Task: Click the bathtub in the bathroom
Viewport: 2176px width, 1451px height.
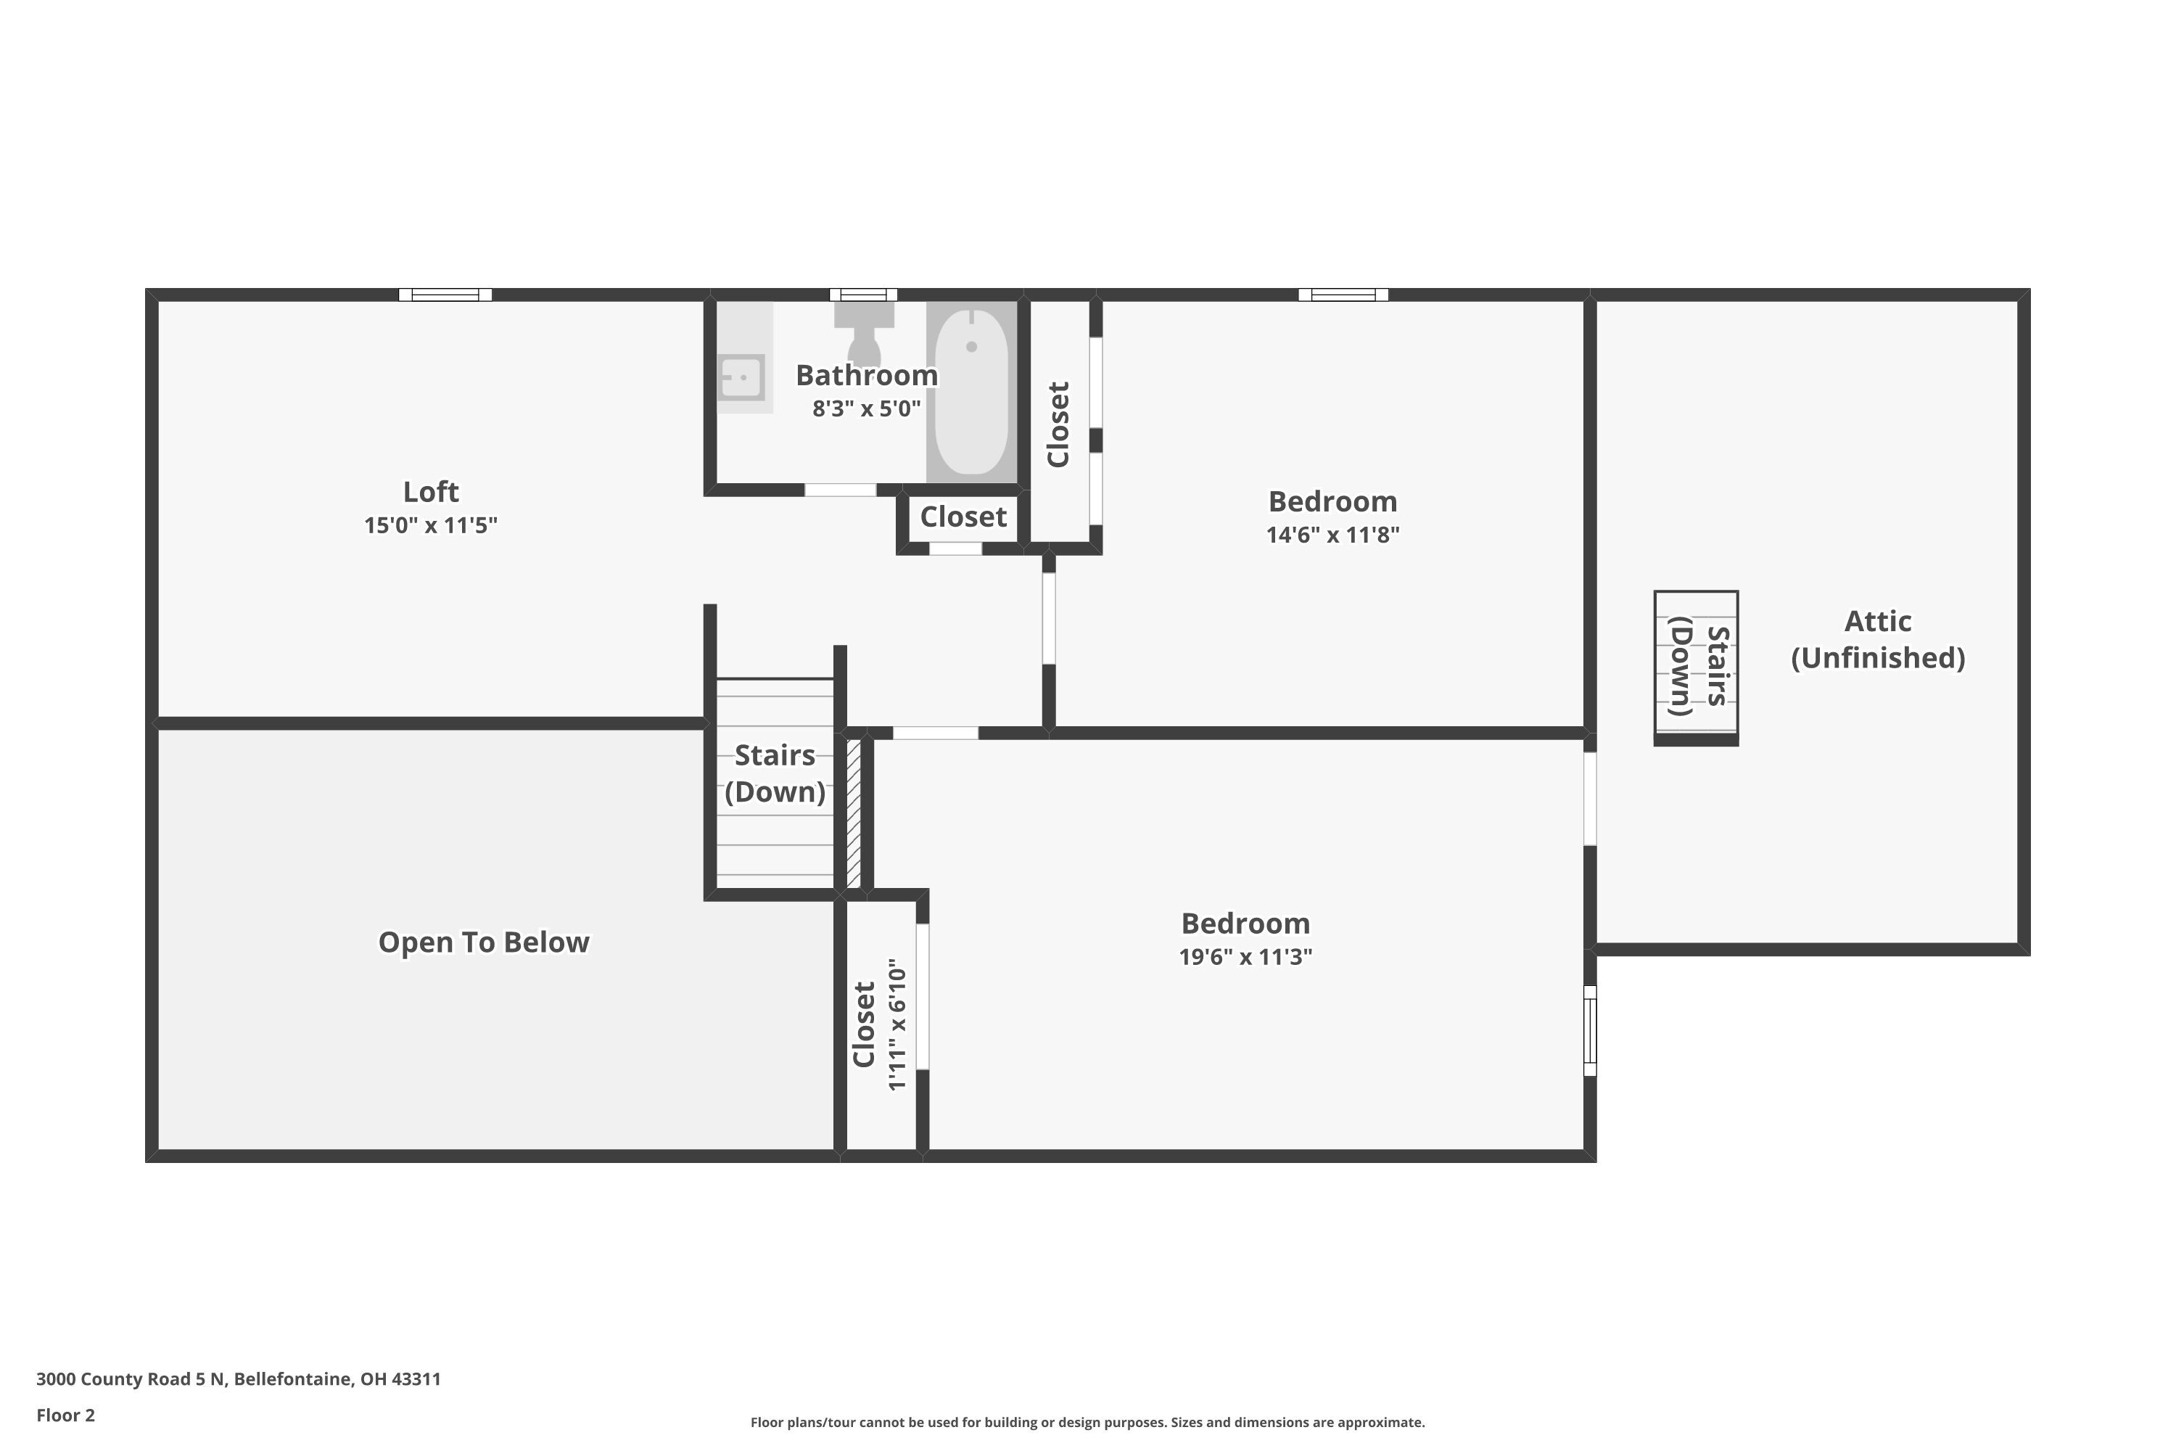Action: click(970, 390)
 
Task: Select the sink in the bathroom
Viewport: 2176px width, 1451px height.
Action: click(742, 377)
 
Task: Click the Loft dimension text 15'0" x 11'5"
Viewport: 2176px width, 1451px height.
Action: click(430, 525)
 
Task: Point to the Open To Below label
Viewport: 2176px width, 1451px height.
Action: click(483, 942)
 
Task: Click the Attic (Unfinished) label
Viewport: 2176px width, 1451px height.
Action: click(1877, 639)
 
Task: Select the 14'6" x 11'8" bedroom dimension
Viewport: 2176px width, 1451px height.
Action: click(1332, 535)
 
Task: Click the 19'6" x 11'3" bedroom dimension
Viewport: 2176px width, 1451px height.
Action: click(1245, 957)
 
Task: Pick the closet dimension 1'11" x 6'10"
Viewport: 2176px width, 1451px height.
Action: click(897, 1024)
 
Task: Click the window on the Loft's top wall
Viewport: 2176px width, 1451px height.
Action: click(445, 295)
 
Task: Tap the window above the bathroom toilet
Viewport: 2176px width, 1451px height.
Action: click(863, 295)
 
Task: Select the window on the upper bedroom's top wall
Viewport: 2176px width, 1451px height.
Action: click(1343, 295)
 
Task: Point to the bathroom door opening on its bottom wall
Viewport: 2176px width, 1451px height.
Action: click(840, 490)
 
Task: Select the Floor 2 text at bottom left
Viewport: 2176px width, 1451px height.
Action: click(66, 1415)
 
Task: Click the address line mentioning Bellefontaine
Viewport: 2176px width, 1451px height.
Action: click(239, 1379)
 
